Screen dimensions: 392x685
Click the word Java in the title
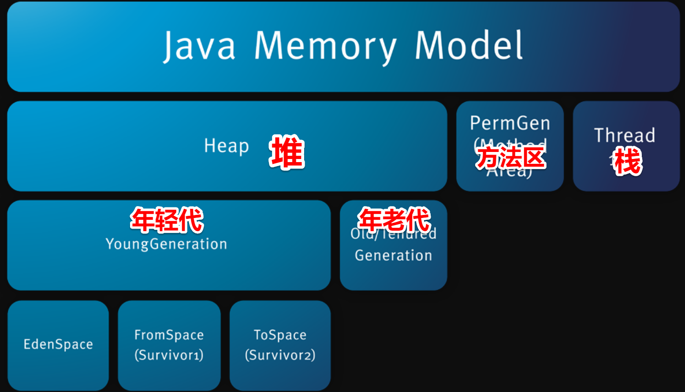click(199, 46)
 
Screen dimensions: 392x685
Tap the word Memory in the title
click(325, 46)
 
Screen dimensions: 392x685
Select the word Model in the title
click(469, 45)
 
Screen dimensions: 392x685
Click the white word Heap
click(226, 146)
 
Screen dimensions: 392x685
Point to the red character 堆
click(287, 152)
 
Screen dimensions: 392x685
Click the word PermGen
click(510, 123)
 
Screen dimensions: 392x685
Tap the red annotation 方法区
click(510, 158)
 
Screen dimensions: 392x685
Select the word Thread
click(625, 135)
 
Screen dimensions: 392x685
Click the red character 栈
click(628, 162)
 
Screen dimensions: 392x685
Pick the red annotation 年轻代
click(167, 220)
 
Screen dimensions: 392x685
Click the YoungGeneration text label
click(166, 244)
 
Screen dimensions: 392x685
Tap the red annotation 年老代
click(394, 219)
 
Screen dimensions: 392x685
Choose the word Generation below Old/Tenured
click(393, 255)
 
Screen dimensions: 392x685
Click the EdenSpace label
click(58, 344)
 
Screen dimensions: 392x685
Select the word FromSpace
click(169, 335)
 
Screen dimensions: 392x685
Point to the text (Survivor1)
click(169, 355)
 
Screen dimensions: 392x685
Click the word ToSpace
click(280, 335)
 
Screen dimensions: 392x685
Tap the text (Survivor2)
click(280, 355)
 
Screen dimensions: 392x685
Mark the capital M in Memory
click(269, 45)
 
